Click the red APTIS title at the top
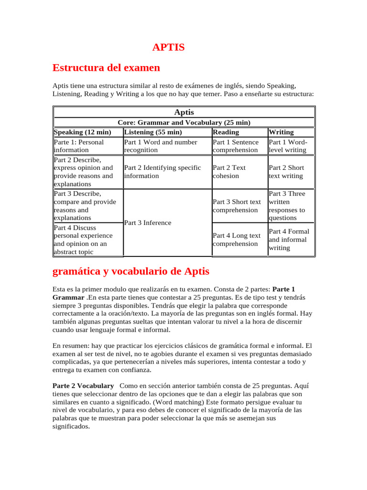(x=168, y=47)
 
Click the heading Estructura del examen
(x=106, y=67)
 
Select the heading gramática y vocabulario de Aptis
(x=130, y=271)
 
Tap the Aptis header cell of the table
(x=184, y=112)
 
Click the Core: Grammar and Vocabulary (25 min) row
(x=184, y=122)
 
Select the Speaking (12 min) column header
(x=83, y=132)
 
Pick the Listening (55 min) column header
(x=153, y=132)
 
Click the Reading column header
(x=226, y=132)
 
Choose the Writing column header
(x=281, y=132)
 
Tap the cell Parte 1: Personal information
(x=79, y=146)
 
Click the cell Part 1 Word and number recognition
(x=160, y=146)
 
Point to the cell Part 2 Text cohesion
(x=229, y=172)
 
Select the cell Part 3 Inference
(x=147, y=223)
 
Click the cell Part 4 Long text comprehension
(x=237, y=240)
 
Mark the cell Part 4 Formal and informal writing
(x=289, y=240)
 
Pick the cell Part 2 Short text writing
(x=286, y=172)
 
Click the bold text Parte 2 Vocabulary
(x=83, y=386)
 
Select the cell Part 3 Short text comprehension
(x=237, y=206)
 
